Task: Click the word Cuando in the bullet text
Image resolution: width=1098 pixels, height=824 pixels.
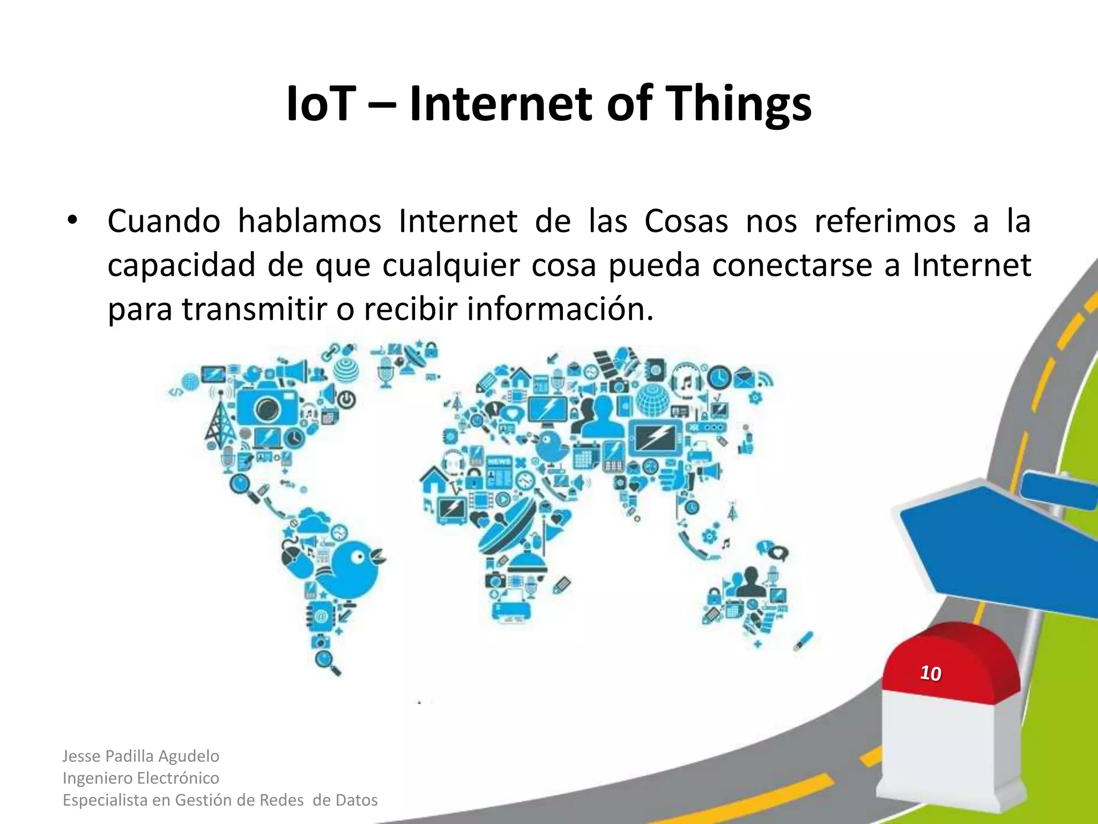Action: coord(164,221)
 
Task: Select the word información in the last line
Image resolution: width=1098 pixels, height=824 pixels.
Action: coord(560,310)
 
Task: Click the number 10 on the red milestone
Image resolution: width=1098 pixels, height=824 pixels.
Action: coord(930,673)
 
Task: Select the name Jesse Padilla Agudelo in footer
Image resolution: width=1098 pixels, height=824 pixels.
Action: coord(140,756)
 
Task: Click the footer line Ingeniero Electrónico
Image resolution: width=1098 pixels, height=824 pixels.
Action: coord(140,778)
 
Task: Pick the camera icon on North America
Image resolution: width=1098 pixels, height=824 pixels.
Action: coord(267,410)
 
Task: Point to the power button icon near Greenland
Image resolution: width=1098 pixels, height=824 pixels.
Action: coord(347,400)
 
